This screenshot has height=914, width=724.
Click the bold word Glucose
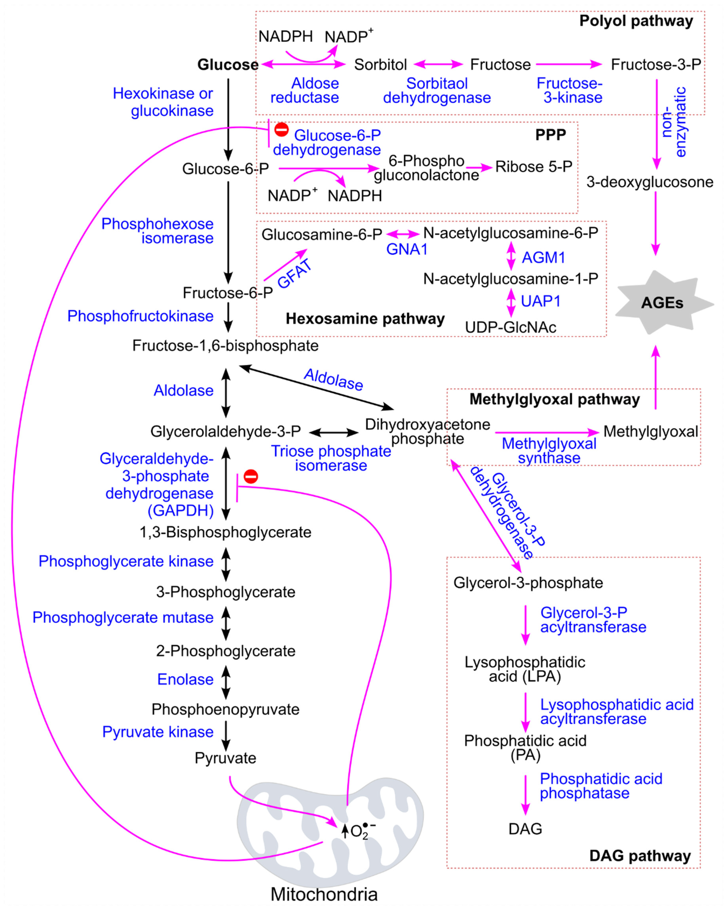tap(228, 65)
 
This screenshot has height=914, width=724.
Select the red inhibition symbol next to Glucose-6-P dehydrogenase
tap(281, 129)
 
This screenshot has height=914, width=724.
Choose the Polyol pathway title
tap(636, 21)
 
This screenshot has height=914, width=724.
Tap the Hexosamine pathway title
tap(365, 318)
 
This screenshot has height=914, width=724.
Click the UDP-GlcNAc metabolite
tap(510, 327)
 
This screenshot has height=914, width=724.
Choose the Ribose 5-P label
tap(534, 167)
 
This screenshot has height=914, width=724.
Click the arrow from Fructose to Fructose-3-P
tap(569, 64)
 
